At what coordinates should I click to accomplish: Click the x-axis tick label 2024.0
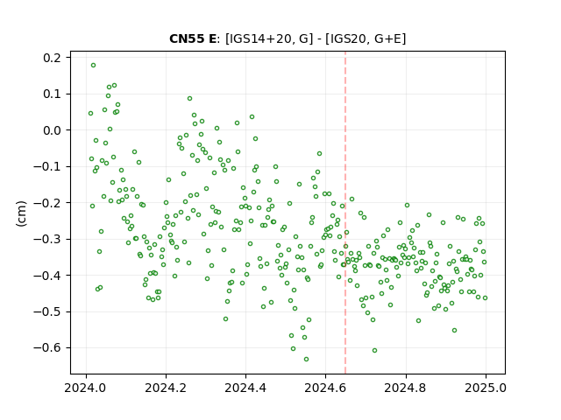pos(86,388)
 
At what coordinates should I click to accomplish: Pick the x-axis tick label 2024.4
pos(245,388)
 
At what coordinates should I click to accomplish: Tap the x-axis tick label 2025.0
pos(486,388)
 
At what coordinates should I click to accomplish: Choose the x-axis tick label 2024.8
pos(406,388)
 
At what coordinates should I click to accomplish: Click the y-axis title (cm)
pos(21,213)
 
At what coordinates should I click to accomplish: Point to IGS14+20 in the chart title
pos(259,38)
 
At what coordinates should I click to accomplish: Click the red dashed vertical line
pos(345,213)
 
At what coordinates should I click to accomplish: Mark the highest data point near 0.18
pos(94,66)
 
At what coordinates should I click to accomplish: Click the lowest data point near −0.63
pos(306,360)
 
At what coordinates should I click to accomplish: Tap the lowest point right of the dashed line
pos(374,351)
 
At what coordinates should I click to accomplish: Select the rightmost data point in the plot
pos(485,298)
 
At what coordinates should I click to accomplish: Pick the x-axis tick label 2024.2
pos(166,388)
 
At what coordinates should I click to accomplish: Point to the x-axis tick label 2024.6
pos(325,388)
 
